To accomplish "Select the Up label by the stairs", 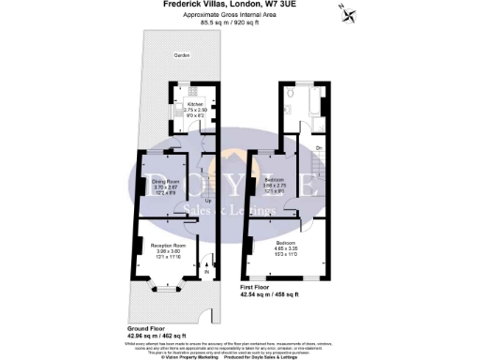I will (207, 200).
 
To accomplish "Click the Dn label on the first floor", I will (319, 149).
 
